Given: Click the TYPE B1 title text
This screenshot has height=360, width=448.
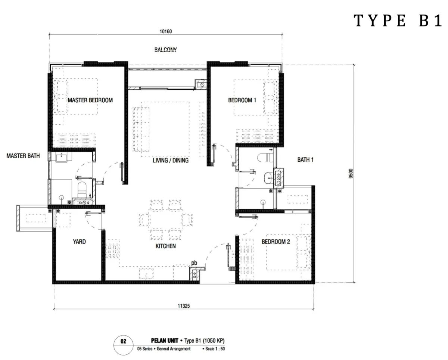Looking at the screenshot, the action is pos(398,21).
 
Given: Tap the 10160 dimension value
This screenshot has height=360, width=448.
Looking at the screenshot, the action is pos(166,31).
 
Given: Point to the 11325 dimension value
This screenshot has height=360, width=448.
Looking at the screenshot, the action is pos(184,306).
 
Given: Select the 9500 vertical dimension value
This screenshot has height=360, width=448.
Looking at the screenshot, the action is pos(351,173).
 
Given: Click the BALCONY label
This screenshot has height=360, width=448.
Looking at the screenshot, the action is pos(165,50).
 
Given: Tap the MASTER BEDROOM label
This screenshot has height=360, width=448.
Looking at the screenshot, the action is pos(90,100).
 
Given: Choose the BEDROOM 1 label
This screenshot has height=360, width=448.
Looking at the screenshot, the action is pos(242,100).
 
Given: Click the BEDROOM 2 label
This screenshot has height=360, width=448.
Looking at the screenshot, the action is pos(276,242).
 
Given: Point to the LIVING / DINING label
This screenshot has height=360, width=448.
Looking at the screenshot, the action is pos(171,160).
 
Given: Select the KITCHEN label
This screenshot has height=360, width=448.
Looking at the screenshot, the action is pos(165,246).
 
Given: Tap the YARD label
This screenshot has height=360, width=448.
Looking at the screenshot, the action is pos(79,242).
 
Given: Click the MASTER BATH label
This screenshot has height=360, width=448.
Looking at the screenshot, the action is pos(23,156).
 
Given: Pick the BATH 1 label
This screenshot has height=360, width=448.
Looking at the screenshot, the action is pos(305,160).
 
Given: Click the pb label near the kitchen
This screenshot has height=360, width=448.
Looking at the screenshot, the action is pos(194,263).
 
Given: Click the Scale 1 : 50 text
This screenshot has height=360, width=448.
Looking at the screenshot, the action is pos(214,349).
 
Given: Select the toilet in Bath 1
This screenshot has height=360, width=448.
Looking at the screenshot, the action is pos(265,158).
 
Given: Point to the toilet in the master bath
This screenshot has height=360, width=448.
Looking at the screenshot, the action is pos(82,190).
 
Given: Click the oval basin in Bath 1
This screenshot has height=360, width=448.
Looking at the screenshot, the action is pos(268,178).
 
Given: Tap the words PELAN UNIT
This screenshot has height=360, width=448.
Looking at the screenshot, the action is pos(165,341).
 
